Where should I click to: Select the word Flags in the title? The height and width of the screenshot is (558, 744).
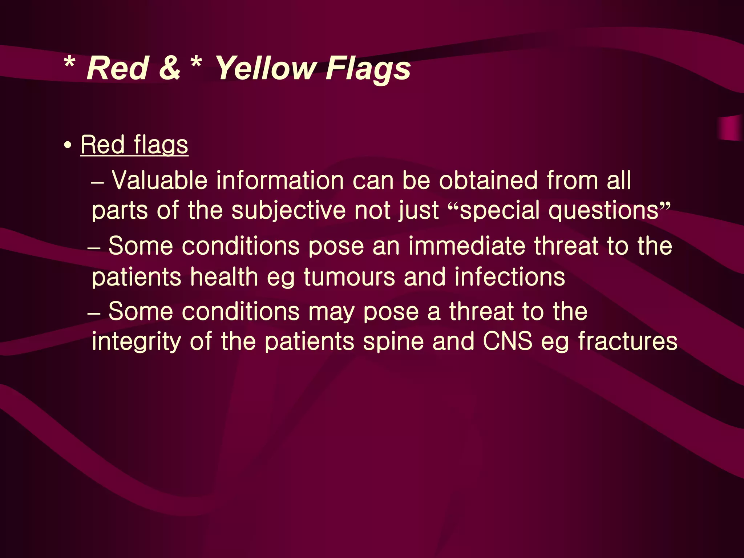[x=368, y=69]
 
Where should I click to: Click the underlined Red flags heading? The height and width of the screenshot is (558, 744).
[x=134, y=145]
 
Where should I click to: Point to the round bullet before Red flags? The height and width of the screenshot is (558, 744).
[x=67, y=146]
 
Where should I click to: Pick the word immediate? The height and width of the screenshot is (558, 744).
[x=467, y=246]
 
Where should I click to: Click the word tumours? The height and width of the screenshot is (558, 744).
[x=349, y=277]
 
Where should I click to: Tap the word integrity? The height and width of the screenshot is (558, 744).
[x=136, y=342]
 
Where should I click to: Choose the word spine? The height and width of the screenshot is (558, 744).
[x=393, y=342]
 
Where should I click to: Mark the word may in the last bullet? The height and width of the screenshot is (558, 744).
[x=331, y=312]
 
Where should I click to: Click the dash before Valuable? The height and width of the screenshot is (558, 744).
[x=97, y=182]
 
